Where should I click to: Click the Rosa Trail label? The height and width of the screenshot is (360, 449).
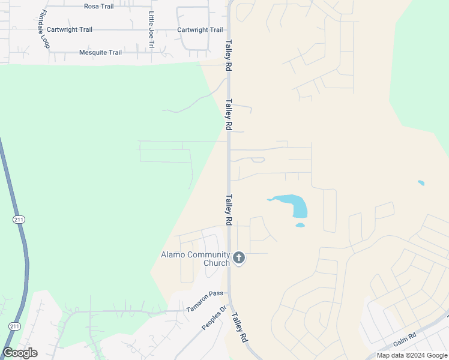click(x=99, y=7)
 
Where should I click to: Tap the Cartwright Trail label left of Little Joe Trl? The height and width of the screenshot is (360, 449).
click(x=70, y=29)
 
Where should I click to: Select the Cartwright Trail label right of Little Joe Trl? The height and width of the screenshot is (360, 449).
click(x=200, y=30)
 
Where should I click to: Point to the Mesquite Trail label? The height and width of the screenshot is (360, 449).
click(x=100, y=53)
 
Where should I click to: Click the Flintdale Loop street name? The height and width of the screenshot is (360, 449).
click(x=43, y=29)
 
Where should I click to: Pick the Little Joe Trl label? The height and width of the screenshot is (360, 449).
click(x=151, y=29)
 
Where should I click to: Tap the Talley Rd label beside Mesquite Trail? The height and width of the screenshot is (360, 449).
click(x=229, y=56)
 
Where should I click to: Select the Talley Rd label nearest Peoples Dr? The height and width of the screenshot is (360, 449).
click(x=240, y=328)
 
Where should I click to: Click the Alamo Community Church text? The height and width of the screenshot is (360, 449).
click(x=195, y=259)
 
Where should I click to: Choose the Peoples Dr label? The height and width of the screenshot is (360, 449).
click(x=214, y=318)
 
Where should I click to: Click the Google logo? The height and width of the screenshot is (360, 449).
click(x=20, y=353)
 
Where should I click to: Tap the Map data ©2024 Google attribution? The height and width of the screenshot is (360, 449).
click(x=412, y=355)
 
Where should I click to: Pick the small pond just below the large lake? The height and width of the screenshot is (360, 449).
click(x=300, y=226)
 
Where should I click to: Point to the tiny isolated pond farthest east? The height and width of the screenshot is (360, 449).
click(x=421, y=183)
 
